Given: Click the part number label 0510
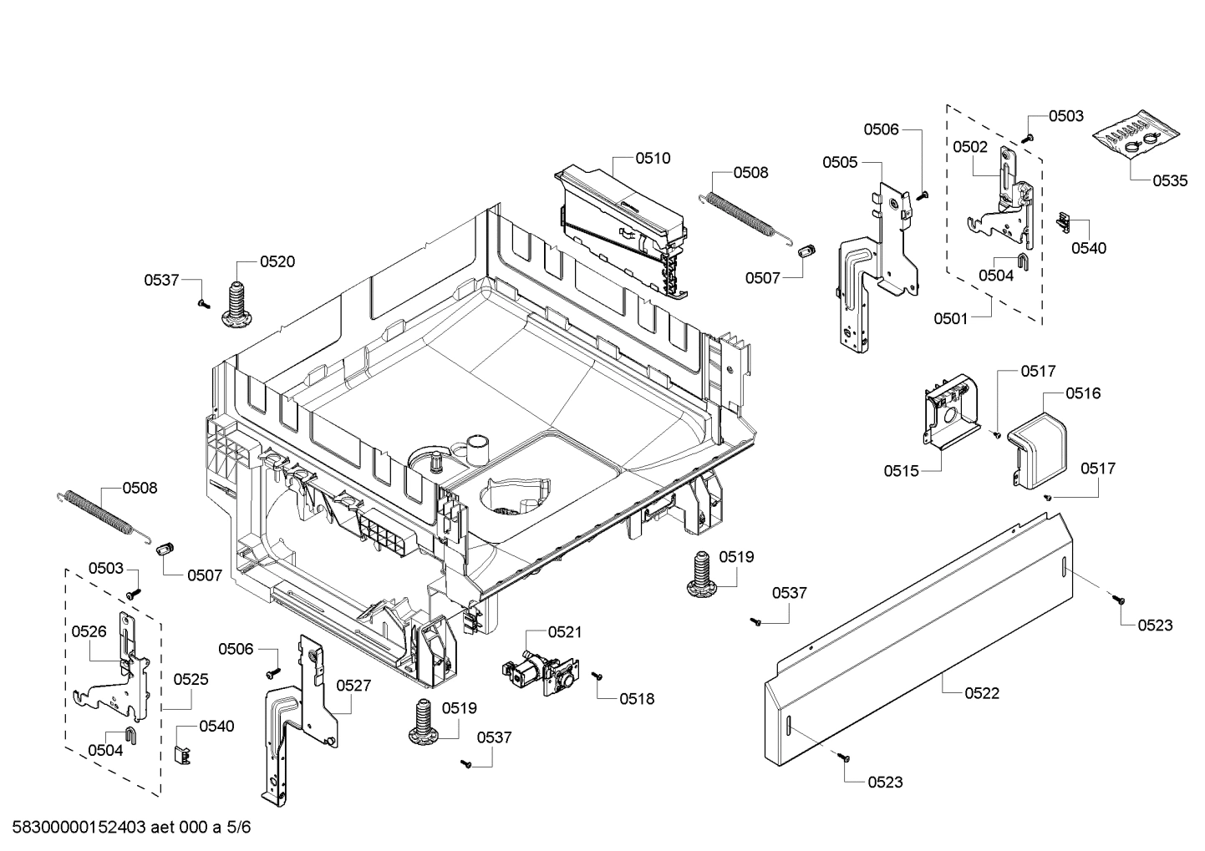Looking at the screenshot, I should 653,158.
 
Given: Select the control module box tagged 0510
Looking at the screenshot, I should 623,225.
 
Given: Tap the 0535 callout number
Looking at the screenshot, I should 1170,180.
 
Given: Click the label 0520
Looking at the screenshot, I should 277,261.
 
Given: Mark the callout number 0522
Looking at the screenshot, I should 982,693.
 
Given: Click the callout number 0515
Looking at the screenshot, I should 901,471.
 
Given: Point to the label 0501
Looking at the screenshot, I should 951,318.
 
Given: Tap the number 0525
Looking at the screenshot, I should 191,680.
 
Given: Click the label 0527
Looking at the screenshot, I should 353,685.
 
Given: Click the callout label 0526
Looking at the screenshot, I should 89,631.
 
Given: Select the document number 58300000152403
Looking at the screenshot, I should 79,828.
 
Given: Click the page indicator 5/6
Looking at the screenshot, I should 237,828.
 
